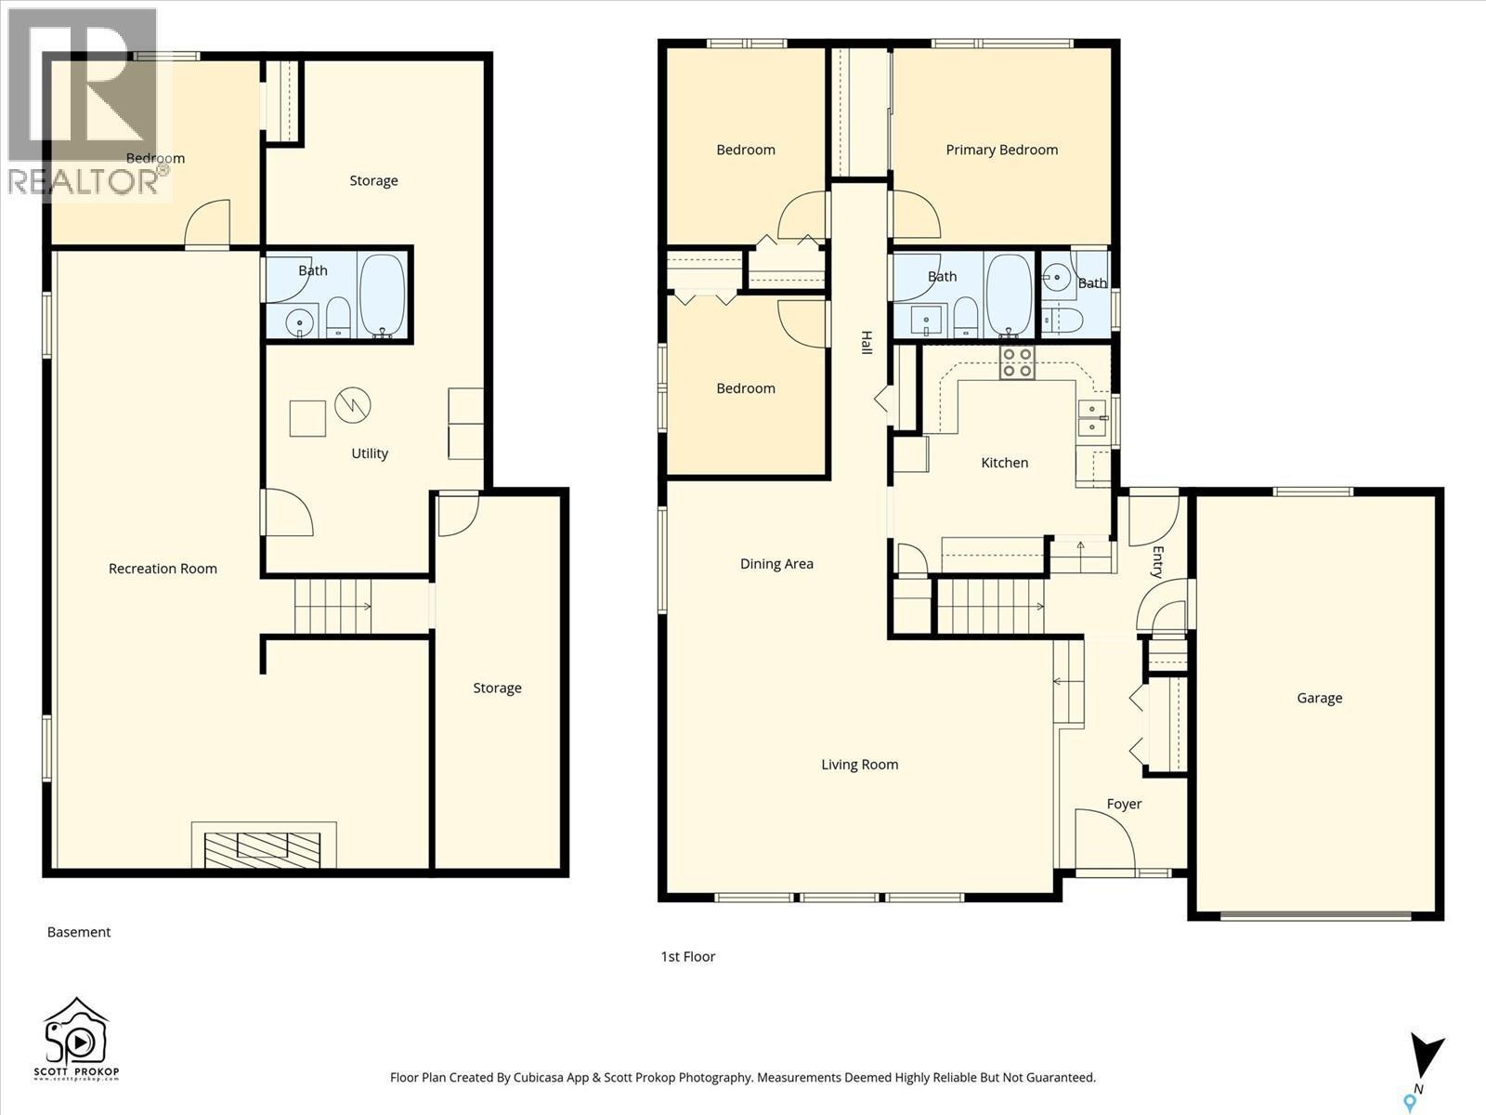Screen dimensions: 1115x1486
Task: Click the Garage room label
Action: coord(1319,698)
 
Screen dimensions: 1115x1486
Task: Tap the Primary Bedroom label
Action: coord(1001,150)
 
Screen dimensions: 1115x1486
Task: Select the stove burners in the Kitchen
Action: coord(1017,362)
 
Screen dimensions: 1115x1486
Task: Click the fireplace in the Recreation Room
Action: coord(263,846)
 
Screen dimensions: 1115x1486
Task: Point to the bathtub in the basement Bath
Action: coord(382,295)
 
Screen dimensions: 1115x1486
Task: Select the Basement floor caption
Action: coord(79,932)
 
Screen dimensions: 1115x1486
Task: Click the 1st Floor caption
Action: coord(687,956)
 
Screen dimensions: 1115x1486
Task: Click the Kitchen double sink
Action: coord(1091,418)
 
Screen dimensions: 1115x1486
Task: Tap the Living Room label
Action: coord(859,765)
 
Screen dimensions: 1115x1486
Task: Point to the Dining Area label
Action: coord(776,563)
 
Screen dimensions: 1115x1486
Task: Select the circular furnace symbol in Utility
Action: coord(353,404)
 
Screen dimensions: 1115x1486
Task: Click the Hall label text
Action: coord(866,342)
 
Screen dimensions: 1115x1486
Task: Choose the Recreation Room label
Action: coord(163,569)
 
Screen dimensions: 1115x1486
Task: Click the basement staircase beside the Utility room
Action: coord(332,606)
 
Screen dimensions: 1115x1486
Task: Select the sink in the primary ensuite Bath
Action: coord(1056,275)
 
